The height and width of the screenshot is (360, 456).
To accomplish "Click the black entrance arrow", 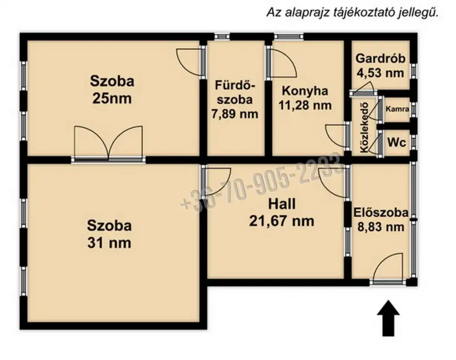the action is coord(388,319).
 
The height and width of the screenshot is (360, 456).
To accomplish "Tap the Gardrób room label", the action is coord(380,58).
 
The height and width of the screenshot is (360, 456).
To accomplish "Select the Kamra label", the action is coord(397,109).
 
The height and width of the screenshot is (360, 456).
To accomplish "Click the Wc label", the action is coord(397,142).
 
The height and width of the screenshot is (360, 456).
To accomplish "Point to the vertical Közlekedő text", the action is coord(364,127).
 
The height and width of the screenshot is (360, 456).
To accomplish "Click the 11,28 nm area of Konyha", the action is coord(305,105).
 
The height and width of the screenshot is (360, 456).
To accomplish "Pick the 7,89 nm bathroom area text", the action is coord(235,113).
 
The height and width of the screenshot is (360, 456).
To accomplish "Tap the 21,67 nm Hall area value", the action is coord(281,221).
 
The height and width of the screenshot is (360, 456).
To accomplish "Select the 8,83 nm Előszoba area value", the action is coord(381,226).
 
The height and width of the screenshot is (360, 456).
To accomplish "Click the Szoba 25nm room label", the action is coord(112,89).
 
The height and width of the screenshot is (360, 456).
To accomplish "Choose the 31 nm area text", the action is coord(109,243).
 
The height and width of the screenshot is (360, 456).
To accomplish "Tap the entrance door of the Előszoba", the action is coord(388,269).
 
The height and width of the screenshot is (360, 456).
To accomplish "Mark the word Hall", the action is coord(281,204).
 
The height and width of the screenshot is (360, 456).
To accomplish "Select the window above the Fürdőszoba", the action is coord(223,36).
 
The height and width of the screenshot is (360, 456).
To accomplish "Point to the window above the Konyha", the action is coord(289,36).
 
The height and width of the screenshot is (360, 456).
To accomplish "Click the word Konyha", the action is coord(305,91).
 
